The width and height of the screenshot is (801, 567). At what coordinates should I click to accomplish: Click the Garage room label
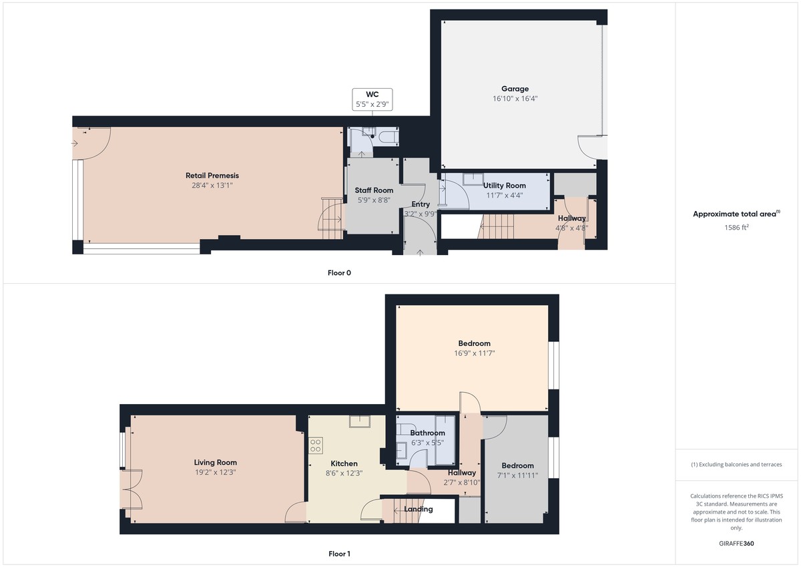tap(515, 89)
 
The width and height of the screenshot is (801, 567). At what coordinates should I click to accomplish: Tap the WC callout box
tap(372, 99)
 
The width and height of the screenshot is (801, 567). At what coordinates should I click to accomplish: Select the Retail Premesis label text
tap(212, 176)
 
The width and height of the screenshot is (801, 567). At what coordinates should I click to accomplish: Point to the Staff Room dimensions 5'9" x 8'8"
tap(374, 200)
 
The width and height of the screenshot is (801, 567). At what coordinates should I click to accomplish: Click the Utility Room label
tap(504, 185)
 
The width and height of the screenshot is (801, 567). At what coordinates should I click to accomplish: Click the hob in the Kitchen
tap(316, 445)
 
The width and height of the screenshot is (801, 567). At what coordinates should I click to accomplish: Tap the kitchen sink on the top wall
tap(360, 420)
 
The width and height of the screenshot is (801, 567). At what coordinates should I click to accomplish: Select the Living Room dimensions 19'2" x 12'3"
tap(215, 471)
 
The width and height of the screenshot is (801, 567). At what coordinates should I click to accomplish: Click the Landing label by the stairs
tap(419, 509)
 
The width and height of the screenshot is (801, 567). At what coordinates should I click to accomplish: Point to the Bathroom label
tap(427, 433)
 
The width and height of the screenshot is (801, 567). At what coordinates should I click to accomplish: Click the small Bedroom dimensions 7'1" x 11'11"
tap(517, 476)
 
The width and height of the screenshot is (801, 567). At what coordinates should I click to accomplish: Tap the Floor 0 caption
tap(339, 272)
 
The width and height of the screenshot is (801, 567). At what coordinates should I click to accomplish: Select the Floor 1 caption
tap(339, 554)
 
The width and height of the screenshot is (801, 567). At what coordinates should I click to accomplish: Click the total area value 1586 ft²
tap(736, 227)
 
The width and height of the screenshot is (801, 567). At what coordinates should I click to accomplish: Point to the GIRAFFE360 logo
tap(736, 544)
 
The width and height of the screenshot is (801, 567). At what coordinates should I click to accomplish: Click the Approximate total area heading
tap(736, 214)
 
